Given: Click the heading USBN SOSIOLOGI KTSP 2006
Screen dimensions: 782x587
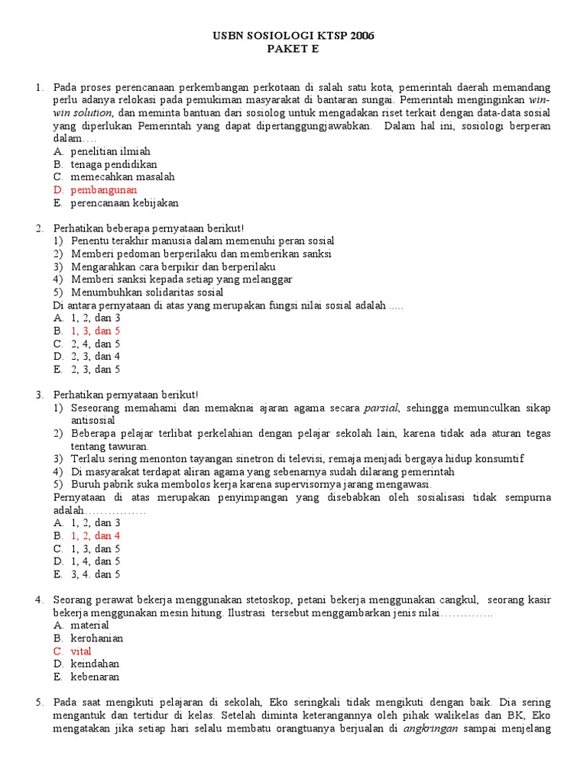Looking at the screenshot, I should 293,36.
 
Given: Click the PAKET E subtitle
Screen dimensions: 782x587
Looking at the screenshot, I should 293,49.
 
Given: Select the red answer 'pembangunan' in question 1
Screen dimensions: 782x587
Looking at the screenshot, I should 104,189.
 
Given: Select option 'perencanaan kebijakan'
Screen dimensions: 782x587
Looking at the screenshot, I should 125,203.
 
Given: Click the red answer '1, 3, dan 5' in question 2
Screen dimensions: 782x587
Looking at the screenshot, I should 96,331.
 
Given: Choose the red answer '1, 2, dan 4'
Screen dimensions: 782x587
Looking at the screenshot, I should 96,535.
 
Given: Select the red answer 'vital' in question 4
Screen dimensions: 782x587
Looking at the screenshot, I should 81,651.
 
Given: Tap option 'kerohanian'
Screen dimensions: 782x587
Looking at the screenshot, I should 97,638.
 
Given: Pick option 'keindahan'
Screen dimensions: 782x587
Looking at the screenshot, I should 96,664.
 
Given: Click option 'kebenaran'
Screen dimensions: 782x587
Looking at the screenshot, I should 96,677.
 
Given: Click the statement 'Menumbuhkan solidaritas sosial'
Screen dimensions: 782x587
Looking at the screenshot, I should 148,292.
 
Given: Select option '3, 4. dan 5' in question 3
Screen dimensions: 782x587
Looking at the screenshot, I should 96,574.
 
